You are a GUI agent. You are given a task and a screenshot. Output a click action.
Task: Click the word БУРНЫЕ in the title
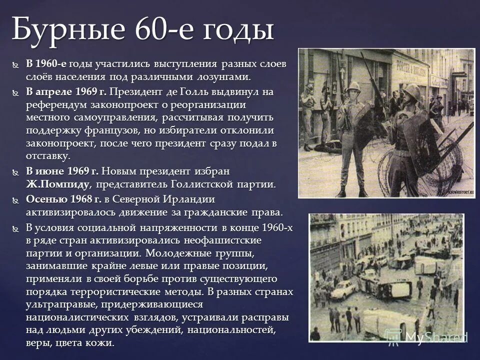62,29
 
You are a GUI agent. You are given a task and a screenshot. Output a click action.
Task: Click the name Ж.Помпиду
58,184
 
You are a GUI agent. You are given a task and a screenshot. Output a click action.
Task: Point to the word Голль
190,92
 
